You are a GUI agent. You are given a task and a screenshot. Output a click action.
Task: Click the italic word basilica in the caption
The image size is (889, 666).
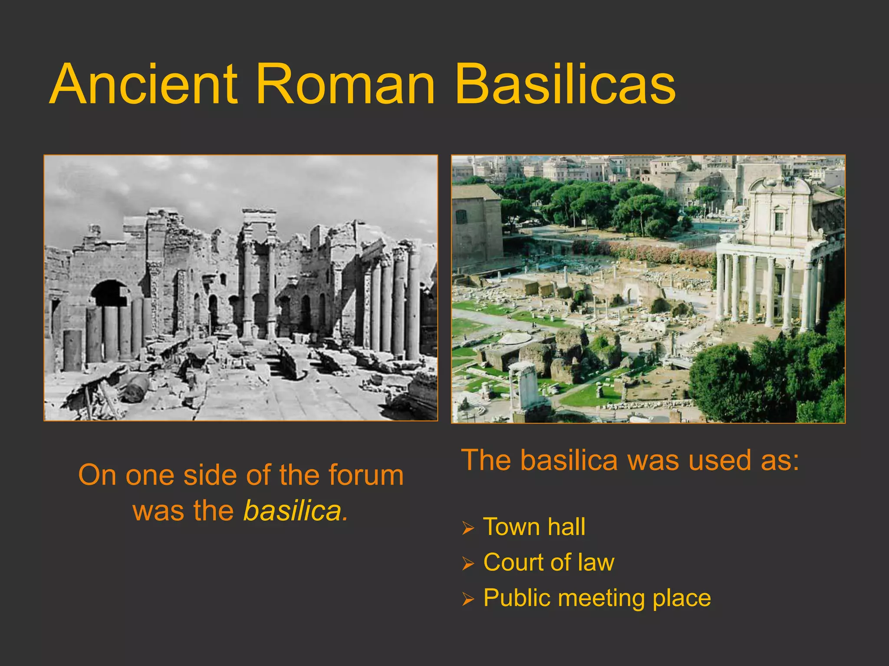tap(295, 510)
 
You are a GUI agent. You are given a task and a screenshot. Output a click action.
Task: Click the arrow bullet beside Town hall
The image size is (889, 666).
tap(468, 528)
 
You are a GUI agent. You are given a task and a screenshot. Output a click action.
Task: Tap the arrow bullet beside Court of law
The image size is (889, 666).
tap(468, 564)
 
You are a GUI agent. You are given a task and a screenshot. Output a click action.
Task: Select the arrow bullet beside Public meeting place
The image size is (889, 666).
tap(468, 599)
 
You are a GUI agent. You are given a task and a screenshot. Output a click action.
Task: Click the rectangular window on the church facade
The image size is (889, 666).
tap(779, 221)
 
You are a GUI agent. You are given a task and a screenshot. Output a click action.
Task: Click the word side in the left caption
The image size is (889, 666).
tap(209, 475)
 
